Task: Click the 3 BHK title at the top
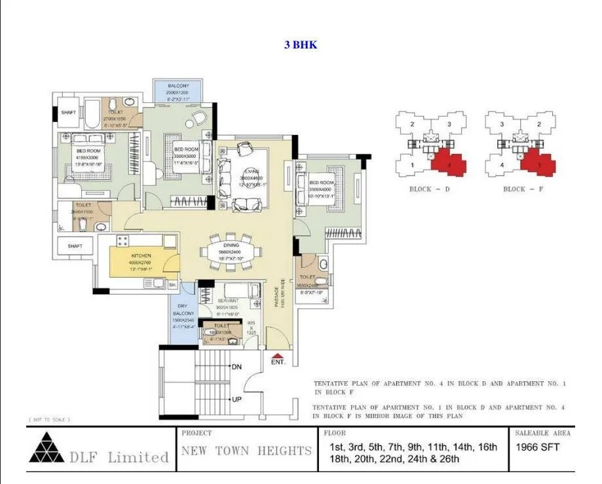tap(301, 45)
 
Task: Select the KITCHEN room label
tap(141, 255)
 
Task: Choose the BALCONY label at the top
tap(177, 86)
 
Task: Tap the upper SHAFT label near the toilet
tap(68, 113)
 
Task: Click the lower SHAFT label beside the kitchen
tap(75, 246)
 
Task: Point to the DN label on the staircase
tap(236, 367)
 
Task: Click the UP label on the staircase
tap(236, 399)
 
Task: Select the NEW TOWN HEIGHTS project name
tap(246, 451)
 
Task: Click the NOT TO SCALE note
tap(49, 419)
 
